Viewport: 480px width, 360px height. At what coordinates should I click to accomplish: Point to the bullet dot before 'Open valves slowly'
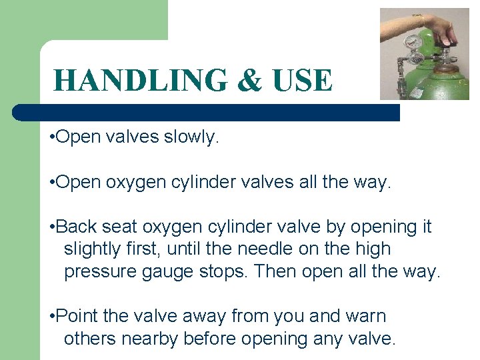[x=52, y=138]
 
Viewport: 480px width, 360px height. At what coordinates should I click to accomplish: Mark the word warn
[x=366, y=316]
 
